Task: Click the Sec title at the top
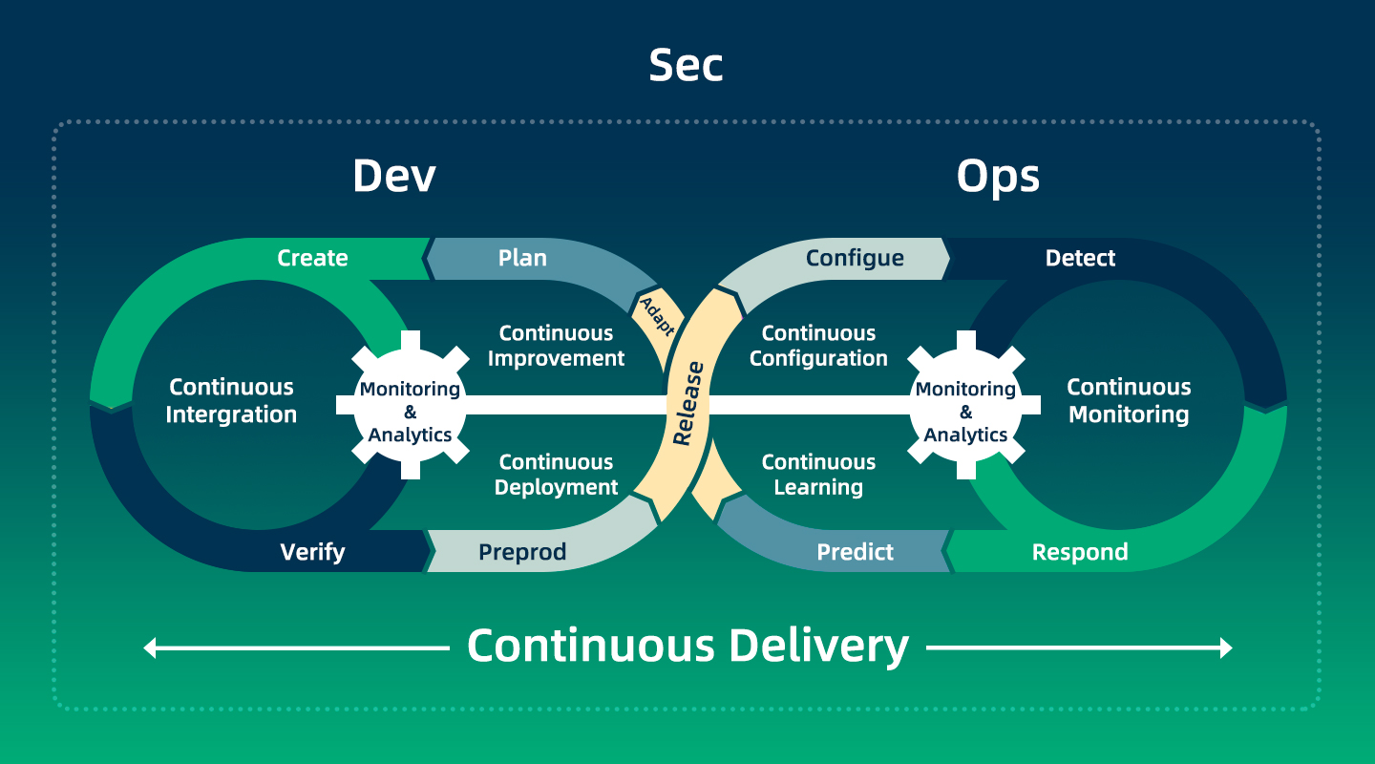[686, 65]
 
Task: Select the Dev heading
[393, 176]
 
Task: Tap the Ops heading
[998, 176]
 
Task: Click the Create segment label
[312, 258]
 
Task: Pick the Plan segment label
[522, 258]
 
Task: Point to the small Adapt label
[657, 316]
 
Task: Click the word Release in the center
[687, 403]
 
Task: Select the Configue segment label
[855, 258]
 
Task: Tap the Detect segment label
[1080, 258]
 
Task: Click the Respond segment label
[1080, 552]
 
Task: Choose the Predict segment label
[855, 552]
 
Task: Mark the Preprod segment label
[522, 552]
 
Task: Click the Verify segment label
[312, 552]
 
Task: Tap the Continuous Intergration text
[231, 401]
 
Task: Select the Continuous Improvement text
[556, 346]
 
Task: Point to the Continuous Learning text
[818, 475]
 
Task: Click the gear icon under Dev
[411, 406]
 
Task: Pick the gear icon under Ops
[966, 406]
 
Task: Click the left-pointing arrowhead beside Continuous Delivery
[150, 648]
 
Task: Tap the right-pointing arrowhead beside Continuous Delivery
[1226, 648]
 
